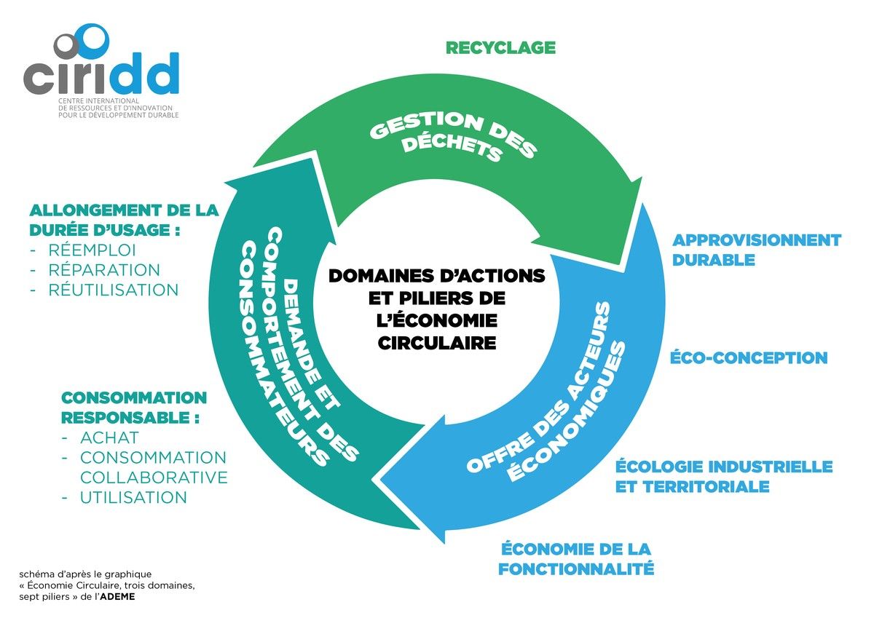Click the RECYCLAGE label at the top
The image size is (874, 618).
[x=500, y=48]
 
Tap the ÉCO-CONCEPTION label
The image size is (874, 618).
[x=749, y=358]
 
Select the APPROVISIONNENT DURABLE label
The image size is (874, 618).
[x=756, y=250]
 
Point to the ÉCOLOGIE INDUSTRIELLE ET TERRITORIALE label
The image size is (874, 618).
[x=723, y=476]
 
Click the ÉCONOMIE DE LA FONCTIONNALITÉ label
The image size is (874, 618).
[x=575, y=558]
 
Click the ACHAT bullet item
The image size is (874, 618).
[x=109, y=437]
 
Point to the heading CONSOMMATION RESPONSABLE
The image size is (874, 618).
[x=133, y=408]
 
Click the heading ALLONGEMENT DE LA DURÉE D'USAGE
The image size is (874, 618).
[x=124, y=220]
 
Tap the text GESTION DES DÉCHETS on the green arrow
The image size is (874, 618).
[x=452, y=137]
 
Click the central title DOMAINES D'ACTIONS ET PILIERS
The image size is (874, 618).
[x=436, y=309]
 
